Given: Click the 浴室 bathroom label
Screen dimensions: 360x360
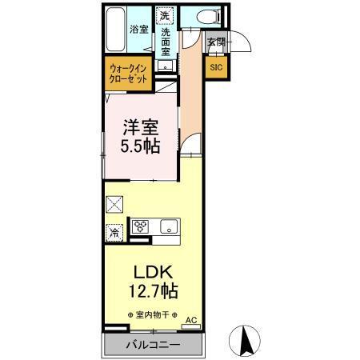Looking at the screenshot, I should (138, 30).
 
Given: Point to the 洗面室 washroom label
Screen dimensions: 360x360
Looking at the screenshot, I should (166, 40).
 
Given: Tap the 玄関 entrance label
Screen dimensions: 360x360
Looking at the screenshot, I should (214, 42).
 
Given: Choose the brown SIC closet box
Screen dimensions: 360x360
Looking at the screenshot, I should (216, 67).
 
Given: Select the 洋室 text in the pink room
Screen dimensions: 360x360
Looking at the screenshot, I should (139, 126).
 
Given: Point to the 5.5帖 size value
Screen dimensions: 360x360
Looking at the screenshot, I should (139, 146).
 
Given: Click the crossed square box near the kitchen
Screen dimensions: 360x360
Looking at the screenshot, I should (114, 204).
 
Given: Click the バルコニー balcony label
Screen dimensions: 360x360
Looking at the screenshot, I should (153, 345).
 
